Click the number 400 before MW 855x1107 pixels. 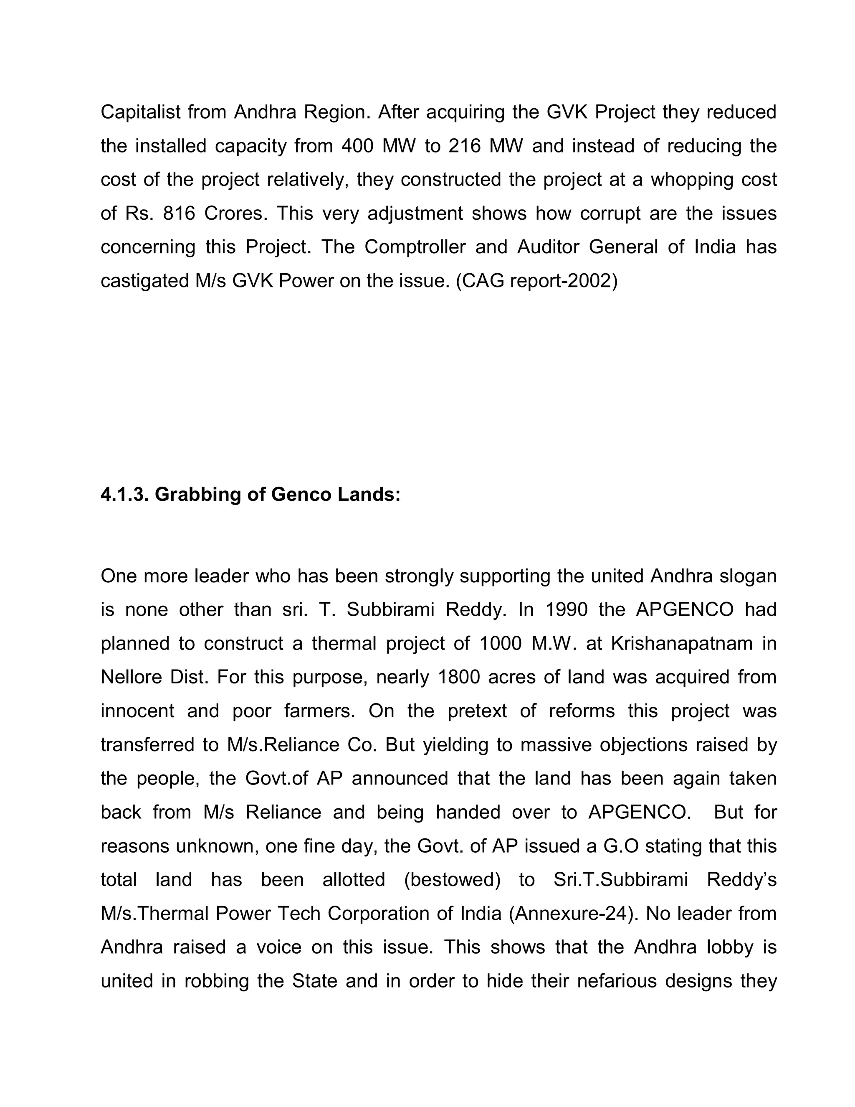(357, 146)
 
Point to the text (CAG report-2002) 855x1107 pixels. (537, 281)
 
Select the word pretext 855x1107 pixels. (477, 711)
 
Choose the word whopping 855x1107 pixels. (691, 180)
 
